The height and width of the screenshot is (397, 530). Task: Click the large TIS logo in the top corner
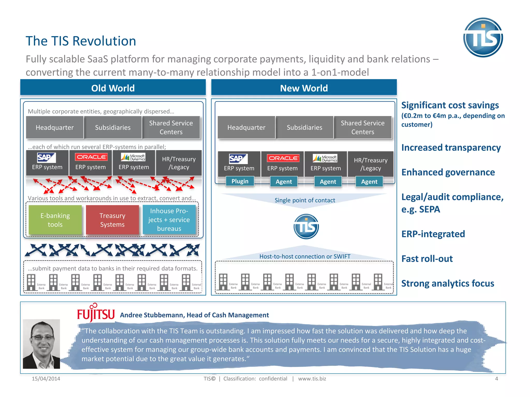[x=483, y=37]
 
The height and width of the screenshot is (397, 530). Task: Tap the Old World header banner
[x=113, y=88]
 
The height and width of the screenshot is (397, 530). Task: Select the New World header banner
[x=304, y=88]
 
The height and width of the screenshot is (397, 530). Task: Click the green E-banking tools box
[x=55, y=220]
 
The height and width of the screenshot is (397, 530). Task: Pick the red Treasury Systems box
[x=112, y=220]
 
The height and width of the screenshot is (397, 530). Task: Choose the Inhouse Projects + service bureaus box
[x=169, y=220]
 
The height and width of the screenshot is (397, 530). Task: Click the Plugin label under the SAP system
[x=240, y=181]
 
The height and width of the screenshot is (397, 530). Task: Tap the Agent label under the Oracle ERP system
[x=284, y=182]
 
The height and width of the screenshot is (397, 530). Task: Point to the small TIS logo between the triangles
[x=306, y=226]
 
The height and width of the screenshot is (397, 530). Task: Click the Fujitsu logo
[x=96, y=314]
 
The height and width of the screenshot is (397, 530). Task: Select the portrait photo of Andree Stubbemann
[x=41, y=344]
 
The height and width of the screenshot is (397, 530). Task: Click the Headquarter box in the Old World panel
[x=55, y=127]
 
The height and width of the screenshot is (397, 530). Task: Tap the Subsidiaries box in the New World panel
[x=304, y=127]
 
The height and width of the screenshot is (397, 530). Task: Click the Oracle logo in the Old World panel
[x=91, y=157]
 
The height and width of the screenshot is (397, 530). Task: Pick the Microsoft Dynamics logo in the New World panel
[x=325, y=158]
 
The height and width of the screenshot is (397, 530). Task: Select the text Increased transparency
[x=451, y=148]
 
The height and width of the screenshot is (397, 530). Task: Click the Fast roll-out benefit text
[x=427, y=259]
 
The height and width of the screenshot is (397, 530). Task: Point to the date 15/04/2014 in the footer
[x=46, y=379]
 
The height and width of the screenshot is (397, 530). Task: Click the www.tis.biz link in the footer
[x=312, y=379]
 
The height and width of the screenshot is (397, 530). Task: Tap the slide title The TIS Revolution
[x=81, y=41]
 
